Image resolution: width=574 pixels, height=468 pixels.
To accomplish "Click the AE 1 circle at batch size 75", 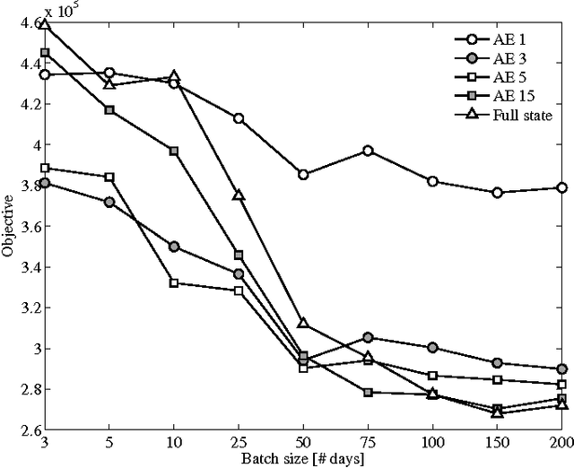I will click(x=368, y=151).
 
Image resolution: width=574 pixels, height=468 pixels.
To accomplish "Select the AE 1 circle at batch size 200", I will click(x=561, y=187).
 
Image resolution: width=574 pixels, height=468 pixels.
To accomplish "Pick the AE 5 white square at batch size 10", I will click(x=174, y=282).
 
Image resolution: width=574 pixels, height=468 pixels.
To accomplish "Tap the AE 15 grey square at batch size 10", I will click(x=174, y=151).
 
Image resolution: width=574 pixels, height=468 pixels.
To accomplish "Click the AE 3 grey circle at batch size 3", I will click(x=45, y=183).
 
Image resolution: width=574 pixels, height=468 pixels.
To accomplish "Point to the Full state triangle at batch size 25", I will click(x=239, y=195).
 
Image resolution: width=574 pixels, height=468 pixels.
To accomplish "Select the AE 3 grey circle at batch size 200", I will click(x=561, y=368).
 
